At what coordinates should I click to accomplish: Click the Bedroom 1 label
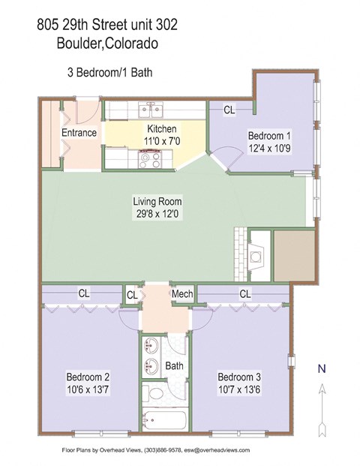coord(268,136)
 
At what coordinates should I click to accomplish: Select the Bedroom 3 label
coord(239,376)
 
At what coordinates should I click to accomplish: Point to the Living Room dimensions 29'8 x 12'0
coord(157,214)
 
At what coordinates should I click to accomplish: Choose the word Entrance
coord(79,134)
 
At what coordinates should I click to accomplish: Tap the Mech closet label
coord(181,294)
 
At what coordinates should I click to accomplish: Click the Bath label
coord(175,366)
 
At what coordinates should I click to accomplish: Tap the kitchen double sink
coord(151,112)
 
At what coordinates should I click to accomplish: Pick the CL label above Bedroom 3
coord(244,294)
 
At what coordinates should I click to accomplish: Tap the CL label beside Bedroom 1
coord(229,110)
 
